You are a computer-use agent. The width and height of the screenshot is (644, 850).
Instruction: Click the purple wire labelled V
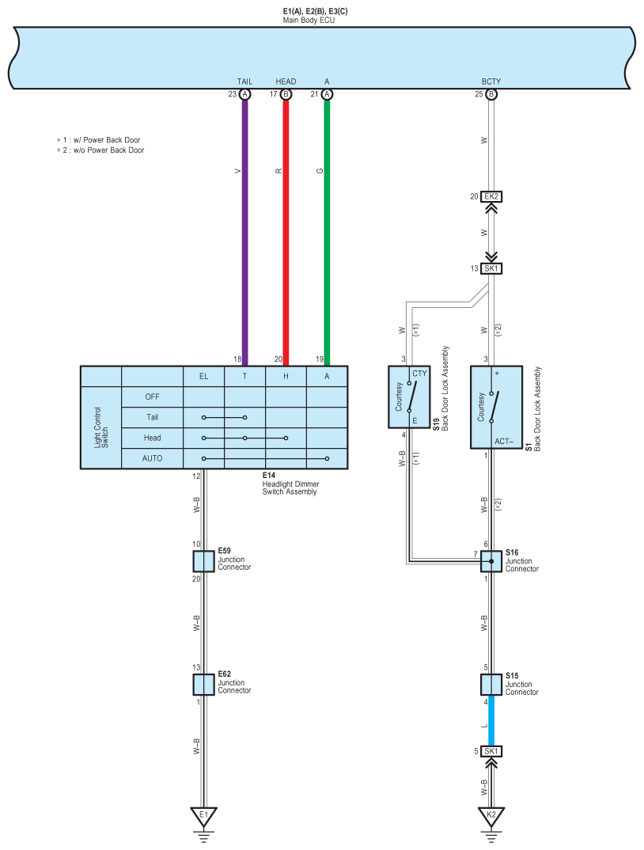tap(244, 230)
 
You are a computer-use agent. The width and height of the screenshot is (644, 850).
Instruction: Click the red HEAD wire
tap(286, 230)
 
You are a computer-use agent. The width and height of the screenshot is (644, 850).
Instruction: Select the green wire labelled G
tap(327, 230)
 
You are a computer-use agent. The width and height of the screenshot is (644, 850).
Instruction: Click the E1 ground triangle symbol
tap(203, 815)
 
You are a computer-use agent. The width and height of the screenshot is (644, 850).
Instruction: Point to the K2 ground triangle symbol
tap(491, 815)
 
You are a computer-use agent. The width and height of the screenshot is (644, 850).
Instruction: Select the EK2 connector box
tap(492, 196)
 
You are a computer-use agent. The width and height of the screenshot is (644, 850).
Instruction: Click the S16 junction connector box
tap(491, 561)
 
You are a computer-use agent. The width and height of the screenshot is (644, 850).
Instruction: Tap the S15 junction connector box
tap(491, 684)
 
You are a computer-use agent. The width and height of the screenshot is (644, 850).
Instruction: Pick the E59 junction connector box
tap(203, 561)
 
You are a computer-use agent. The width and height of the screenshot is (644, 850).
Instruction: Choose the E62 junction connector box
tap(203, 684)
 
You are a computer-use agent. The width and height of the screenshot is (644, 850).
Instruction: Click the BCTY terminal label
tap(491, 82)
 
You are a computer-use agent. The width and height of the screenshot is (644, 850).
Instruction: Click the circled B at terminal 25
tap(491, 94)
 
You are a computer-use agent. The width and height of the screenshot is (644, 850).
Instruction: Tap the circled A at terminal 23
tap(244, 94)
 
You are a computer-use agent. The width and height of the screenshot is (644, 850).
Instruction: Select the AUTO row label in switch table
tap(152, 458)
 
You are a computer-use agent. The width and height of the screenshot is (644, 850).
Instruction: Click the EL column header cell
tap(203, 376)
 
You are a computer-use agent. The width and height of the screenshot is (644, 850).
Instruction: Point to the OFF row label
tap(152, 397)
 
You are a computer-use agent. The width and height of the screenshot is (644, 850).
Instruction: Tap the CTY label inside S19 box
tap(419, 373)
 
